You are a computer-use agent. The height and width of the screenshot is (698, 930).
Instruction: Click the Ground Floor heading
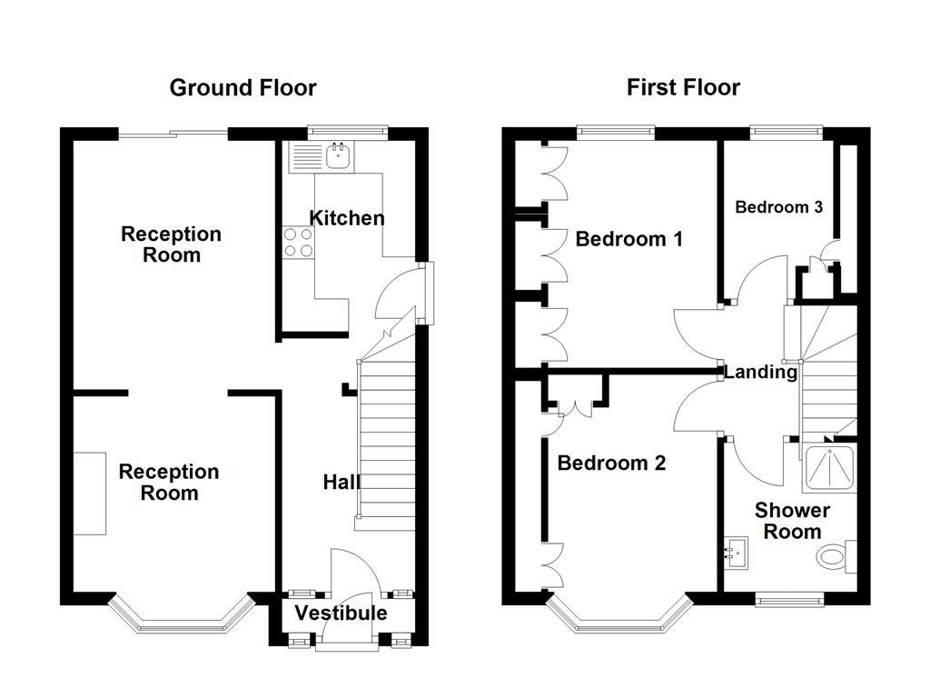click(242, 88)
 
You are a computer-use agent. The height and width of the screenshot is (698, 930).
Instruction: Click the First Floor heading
click(683, 88)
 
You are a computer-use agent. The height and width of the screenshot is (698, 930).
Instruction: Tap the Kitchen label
click(347, 218)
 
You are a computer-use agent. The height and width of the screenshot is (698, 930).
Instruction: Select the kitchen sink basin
click(339, 156)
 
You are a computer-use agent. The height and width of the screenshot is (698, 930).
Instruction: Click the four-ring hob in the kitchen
click(298, 242)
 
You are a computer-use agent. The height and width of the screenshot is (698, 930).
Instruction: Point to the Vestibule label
click(341, 613)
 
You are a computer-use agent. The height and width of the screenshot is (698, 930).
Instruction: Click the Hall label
click(341, 482)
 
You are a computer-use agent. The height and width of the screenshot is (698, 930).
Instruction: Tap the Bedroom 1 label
click(628, 239)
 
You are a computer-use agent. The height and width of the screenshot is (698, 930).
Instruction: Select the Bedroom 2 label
click(611, 463)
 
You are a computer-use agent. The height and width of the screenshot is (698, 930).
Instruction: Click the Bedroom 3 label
click(778, 207)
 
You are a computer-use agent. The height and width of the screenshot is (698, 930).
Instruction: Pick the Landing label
click(761, 372)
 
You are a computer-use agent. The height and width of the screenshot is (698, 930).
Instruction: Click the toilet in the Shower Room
click(836, 557)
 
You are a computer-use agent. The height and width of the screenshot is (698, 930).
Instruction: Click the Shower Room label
click(792, 521)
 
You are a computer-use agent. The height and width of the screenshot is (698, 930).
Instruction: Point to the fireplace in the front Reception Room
click(90, 494)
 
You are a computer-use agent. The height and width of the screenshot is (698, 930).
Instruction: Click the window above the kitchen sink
click(348, 133)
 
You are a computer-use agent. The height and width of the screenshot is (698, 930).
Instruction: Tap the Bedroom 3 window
click(787, 133)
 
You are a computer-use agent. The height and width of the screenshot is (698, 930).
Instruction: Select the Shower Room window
click(790, 600)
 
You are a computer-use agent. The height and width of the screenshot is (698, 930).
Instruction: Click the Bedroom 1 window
click(617, 133)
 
